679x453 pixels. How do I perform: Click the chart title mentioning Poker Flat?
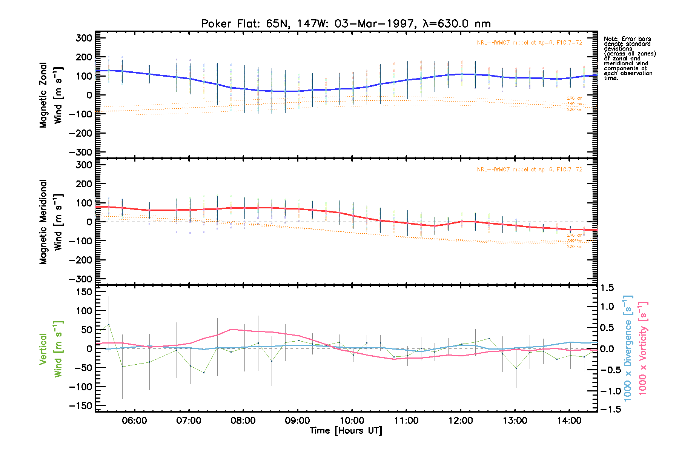coord(346,24)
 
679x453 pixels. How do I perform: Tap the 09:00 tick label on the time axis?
coord(298,421)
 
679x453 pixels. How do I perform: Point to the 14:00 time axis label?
coord(569,421)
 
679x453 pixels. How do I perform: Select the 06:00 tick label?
coord(135,421)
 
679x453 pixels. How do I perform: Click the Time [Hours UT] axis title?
coord(346,431)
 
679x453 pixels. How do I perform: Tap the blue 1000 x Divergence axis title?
coord(628,348)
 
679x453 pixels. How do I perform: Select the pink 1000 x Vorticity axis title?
coord(642,348)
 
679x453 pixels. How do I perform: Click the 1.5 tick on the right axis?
coord(607,288)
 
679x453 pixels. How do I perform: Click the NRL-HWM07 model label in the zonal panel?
coord(529,43)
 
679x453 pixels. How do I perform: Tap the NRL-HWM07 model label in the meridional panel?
coord(529,169)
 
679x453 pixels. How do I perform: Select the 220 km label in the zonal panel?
coord(575,109)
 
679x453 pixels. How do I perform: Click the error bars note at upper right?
coord(630,59)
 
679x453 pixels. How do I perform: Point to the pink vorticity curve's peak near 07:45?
coord(231,329)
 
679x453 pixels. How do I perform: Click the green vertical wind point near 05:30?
coord(109,325)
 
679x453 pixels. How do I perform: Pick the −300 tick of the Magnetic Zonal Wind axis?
coord(80,152)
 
